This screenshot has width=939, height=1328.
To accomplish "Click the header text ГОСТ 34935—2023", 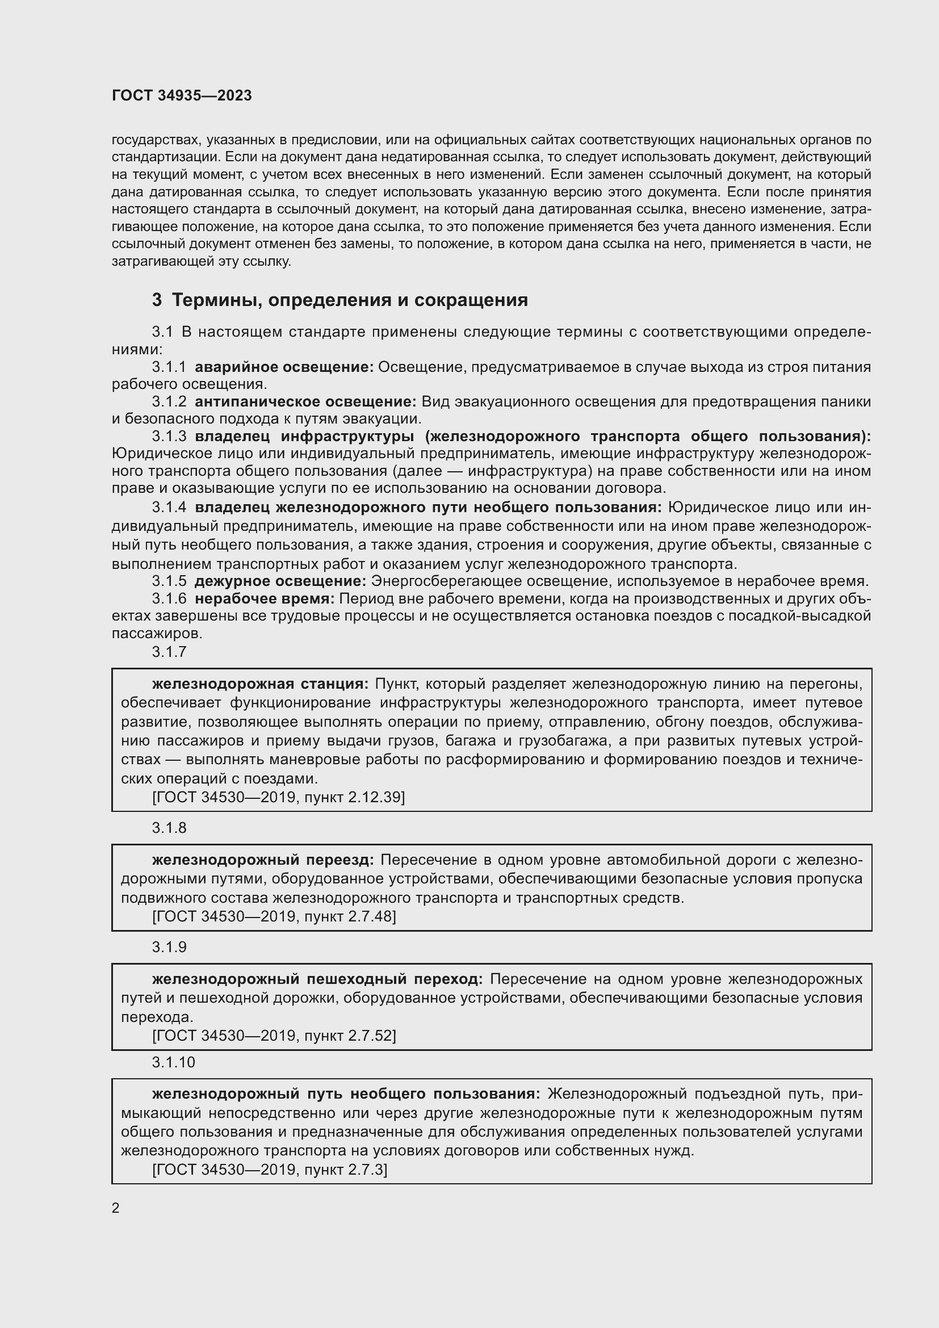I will coord(182,95).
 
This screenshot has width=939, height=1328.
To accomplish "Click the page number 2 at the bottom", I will coord(116,1208).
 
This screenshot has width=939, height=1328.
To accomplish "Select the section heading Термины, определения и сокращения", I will coord(349,300).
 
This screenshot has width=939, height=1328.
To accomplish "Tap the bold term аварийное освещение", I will coord(284,367).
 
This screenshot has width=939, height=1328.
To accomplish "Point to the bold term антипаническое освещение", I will coord(305,401).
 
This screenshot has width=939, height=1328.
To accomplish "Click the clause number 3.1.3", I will coord(169,436).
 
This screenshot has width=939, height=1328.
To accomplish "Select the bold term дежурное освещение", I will coord(280,581).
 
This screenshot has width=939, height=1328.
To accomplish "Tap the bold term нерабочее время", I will coord(264,598).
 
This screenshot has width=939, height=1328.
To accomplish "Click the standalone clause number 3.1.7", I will coord(169,651).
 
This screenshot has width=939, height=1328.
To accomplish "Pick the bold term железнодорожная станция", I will coord(259,684).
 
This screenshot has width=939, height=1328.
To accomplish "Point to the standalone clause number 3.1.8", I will coord(169,827).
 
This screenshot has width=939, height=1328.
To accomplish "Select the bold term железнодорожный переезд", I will coord(262,860).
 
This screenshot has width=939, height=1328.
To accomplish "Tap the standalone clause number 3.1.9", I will coord(169,946).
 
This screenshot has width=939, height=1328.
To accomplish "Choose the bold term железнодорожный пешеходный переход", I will coord(317,979).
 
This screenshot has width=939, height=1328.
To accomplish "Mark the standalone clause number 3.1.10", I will coord(174,1062).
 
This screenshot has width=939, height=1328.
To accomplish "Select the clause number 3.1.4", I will coord(169,507).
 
